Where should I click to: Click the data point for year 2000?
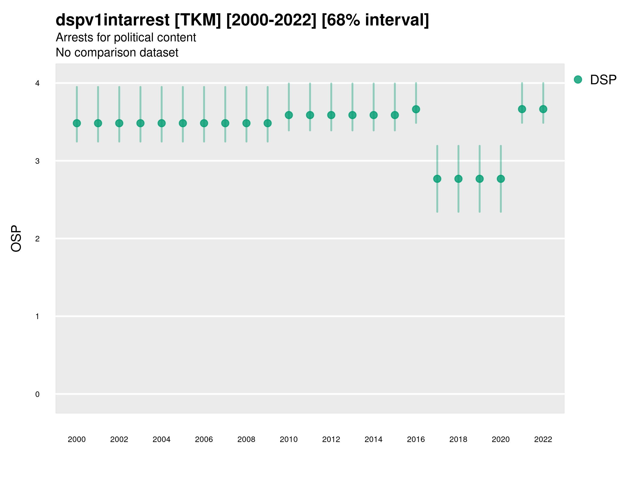pyautogui.click(x=77, y=123)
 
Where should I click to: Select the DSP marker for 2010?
pyautogui.click(x=289, y=115)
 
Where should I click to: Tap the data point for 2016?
pyautogui.click(x=416, y=109)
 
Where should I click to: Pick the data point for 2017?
pyautogui.click(x=437, y=179)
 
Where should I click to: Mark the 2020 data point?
pyautogui.click(x=501, y=179)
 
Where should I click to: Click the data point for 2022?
pyautogui.click(x=543, y=109)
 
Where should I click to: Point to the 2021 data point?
pyautogui.click(x=522, y=109)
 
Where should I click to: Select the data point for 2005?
pyautogui.click(x=183, y=123)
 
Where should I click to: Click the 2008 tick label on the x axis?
pyautogui.click(x=246, y=439)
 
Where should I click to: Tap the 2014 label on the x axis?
pyautogui.click(x=373, y=439)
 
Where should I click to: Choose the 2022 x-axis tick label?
pyautogui.click(x=543, y=439)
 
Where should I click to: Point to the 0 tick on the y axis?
pyautogui.click(x=37, y=394)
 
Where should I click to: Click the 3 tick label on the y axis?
pyautogui.click(x=37, y=161)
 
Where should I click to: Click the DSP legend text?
pyautogui.click(x=603, y=80)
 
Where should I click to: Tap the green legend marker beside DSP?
pyautogui.click(x=578, y=80)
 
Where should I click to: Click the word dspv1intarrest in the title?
pyautogui.click(x=112, y=20)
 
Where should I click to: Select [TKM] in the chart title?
pyautogui.click(x=198, y=20)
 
